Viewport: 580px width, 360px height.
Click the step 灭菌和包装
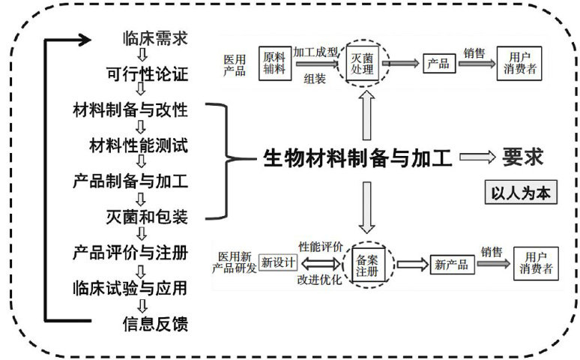(x=146, y=217)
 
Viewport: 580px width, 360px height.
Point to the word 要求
(x=522, y=158)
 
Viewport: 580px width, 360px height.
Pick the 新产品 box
(x=450, y=265)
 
